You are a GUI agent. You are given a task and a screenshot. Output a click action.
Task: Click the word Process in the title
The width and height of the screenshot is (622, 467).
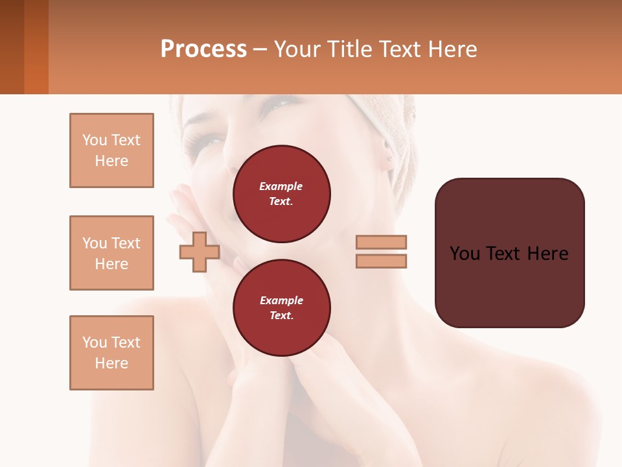tap(203, 49)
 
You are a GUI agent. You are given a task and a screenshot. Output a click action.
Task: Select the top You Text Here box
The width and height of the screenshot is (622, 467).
tap(111, 150)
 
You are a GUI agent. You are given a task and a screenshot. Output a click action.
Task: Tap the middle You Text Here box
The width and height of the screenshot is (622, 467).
tap(111, 253)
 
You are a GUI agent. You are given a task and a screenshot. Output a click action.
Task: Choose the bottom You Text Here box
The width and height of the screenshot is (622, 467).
tap(111, 353)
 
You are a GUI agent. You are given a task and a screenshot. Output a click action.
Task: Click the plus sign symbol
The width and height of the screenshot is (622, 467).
tap(199, 252)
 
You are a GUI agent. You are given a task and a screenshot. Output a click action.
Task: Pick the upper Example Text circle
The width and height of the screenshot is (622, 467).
tap(281, 194)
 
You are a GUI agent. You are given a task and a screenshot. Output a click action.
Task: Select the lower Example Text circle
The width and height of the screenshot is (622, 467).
tap(281, 308)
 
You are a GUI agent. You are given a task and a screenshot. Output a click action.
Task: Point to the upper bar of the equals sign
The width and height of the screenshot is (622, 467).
tap(382, 242)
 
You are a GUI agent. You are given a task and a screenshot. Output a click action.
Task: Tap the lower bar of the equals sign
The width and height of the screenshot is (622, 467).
tap(382, 261)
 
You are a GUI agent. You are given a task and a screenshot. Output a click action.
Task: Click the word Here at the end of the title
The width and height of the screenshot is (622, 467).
tap(454, 49)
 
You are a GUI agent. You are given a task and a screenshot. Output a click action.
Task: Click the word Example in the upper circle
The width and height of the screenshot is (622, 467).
tap(281, 186)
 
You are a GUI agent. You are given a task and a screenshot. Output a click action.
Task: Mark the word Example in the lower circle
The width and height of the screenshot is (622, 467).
tap(281, 300)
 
